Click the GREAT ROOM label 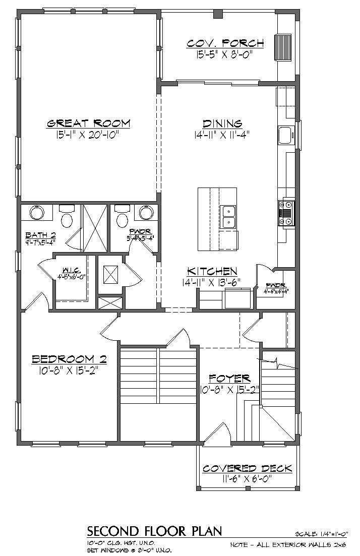tap(89, 123)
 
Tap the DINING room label tap(222, 123)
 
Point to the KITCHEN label tap(212, 272)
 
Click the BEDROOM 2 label tap(70, 359)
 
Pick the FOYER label tap(229, 378)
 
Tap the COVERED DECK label tap(247, 469)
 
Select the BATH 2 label tap(40, 235)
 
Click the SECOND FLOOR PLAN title tap(154, 531)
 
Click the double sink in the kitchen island tap(228, 216)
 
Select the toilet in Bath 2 tap(67, 218)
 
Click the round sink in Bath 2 tap(36, 213)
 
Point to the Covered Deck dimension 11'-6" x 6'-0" tap(247, 479)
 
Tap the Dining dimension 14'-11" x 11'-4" tap(222, 135)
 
